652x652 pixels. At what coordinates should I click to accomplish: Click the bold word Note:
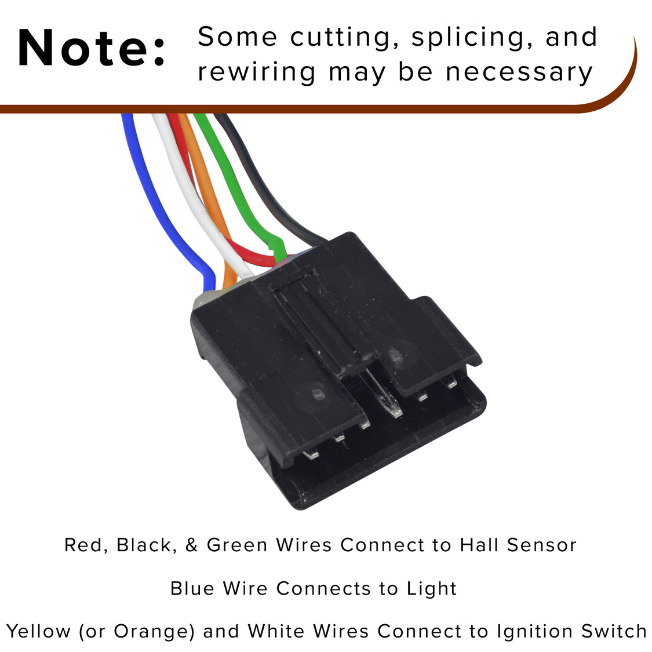pyautogui.click(x=91, y=48)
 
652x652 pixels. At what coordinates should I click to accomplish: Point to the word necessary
pyautogui.click(x=519, y=73)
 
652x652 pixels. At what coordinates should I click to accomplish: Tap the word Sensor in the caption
pyautogui.click(x=542, y=545)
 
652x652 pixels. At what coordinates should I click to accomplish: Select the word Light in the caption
pyautogui.click(x=432, y=588)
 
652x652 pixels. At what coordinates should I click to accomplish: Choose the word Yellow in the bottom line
pyautogui.click(x=38, y=631)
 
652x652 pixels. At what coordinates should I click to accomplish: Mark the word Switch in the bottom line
pyautogui.click(x=614, y=631)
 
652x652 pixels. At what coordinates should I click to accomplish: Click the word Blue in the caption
pyautogui.click(x=192, y=588)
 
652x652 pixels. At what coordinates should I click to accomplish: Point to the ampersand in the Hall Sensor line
pyautogui.click(x=191, y=545)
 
